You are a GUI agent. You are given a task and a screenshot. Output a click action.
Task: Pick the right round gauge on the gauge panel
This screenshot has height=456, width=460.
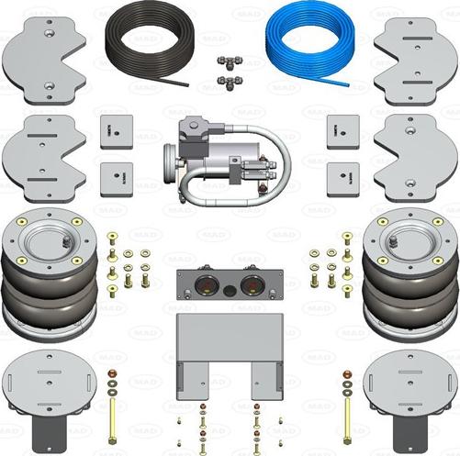249,286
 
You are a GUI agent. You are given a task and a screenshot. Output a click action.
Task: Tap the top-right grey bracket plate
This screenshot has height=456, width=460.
415,57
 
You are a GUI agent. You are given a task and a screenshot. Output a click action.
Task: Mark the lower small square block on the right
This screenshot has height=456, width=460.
342,174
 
